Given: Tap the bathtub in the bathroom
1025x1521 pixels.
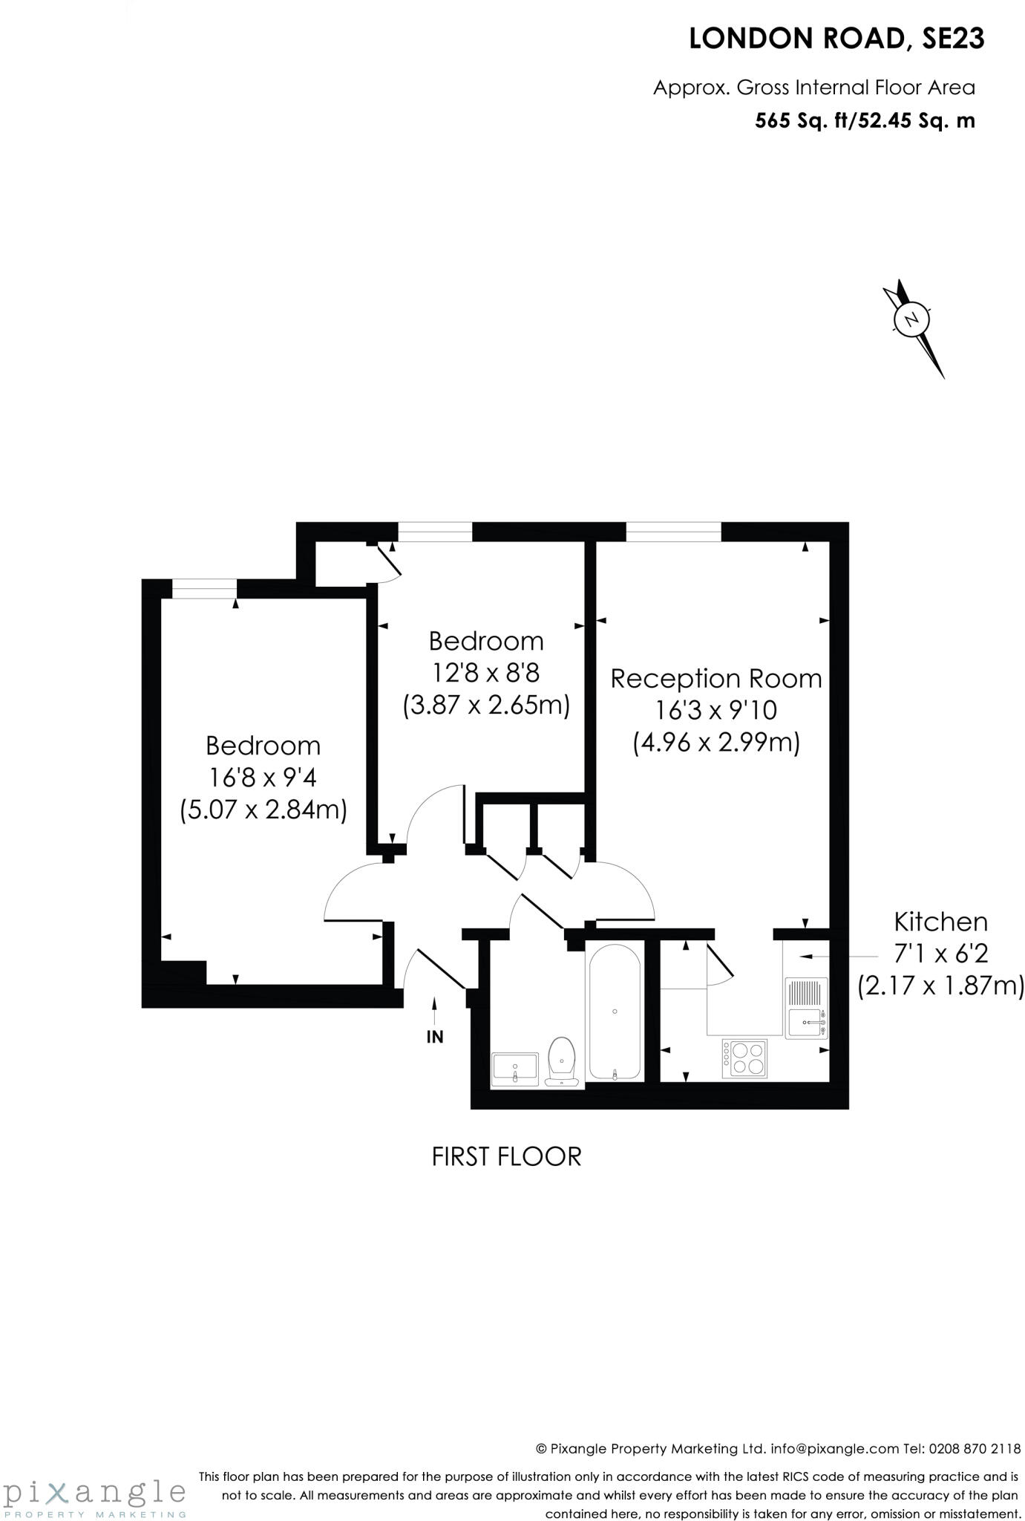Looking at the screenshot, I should pos(615,1012).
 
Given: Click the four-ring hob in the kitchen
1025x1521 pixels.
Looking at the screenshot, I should pos(745,1058).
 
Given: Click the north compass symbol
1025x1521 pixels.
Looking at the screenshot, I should pos(912,320).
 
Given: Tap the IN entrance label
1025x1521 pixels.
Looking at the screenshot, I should pos(435,1037).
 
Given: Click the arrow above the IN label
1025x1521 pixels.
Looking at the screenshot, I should pos(435,1009).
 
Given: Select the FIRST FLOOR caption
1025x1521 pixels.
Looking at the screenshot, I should pos(506,1156).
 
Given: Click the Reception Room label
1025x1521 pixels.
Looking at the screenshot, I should pos(716,679).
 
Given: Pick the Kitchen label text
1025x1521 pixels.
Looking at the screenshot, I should pos(940,922).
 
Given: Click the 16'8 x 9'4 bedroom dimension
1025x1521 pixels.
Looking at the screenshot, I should pos(263,778).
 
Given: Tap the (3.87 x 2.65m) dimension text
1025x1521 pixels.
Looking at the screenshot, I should pos(486,705).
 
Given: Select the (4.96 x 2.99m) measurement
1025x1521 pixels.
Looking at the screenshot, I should pos(716,743).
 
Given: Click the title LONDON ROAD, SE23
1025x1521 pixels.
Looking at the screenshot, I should pos(836,39).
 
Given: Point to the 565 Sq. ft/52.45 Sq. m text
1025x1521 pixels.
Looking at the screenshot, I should pos(865,120).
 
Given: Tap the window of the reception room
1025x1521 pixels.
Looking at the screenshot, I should pos(673,532).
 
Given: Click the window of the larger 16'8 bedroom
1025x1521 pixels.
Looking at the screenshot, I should pos(204,588).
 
